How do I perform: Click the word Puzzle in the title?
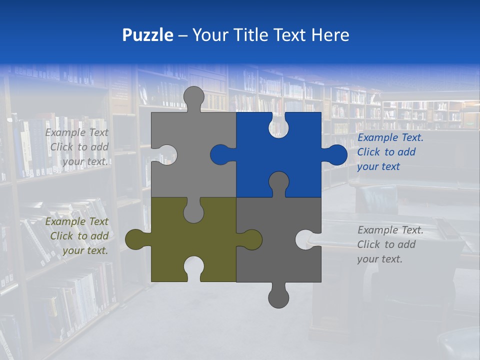147,35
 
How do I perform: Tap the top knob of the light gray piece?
194,96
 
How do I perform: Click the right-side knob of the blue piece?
336,154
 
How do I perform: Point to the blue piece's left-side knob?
220,154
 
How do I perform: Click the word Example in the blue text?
375,138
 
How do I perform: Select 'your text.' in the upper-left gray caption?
85,161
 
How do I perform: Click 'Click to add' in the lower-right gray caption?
386,244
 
